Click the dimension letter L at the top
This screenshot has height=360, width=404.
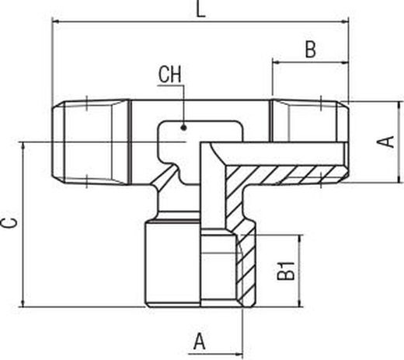point(200,9)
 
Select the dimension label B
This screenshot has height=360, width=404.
point(311,49)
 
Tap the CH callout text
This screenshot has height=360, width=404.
point(170,75)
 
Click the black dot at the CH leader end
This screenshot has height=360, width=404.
point(184,128)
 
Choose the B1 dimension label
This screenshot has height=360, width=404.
point(286,271)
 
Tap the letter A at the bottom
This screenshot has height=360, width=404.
point(200,341)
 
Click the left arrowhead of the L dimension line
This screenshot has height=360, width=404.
point(56,23)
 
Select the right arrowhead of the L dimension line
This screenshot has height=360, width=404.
point(345,23)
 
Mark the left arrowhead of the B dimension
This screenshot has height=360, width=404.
point(276,62)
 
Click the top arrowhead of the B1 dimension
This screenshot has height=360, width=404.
point(300,239)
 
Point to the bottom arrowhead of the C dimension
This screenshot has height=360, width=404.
point(23,303)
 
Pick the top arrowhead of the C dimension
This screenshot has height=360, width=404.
point(23,145)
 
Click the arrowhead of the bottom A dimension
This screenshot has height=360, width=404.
point(239,354)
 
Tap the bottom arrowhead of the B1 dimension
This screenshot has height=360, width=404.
point(300,303)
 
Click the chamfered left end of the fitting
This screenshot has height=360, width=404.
point(58,142)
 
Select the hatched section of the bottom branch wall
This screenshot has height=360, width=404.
point(246,270)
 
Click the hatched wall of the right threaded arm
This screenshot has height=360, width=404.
point(285,174)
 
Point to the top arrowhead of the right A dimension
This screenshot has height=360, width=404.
point(400,106)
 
